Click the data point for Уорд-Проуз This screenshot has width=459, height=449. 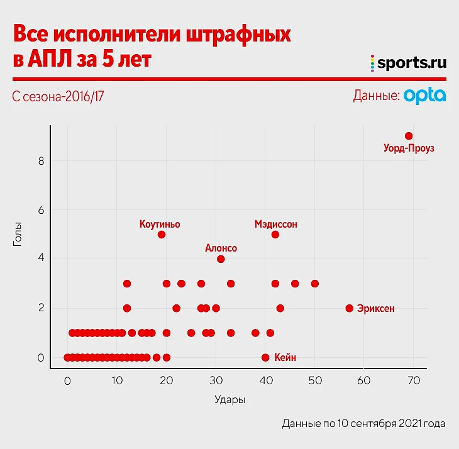click(x=409, y=136)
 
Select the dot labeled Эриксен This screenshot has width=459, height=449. click(x=350, y=308)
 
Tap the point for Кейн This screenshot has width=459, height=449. click(x=265, y=357)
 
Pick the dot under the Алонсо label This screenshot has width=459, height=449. click(x=221, y=259)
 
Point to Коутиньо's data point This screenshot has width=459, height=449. click(x=162, y=235)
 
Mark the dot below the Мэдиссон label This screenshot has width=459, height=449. click(x=275, y=235)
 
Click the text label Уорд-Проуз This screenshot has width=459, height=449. click(x=409, y=149)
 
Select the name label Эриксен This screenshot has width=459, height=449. click(x=376, y=308)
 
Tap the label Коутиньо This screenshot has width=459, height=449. click(x=160, y=223)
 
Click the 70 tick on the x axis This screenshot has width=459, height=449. click(x=414, y=380)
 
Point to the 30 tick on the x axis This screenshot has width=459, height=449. click(x=216, y=380)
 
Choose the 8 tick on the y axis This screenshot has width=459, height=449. click(x=41, y=161)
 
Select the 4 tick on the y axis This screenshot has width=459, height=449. click(x=41, y=259)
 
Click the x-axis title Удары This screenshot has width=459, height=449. click(x=229, y=399)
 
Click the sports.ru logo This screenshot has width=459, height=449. click(x=408, y=62)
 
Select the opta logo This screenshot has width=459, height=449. click(x=425, y=96)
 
